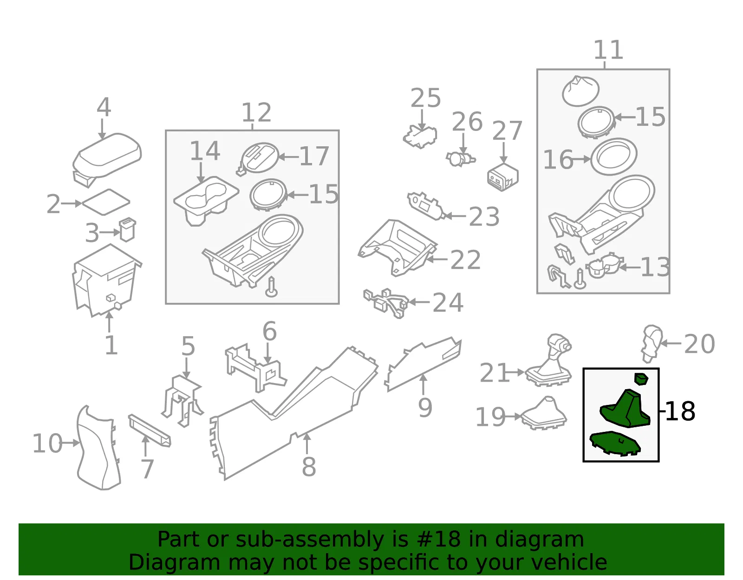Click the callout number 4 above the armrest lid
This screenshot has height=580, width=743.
click(x=104, y=107)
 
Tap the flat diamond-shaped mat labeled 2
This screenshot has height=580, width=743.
click(x=106, y=202)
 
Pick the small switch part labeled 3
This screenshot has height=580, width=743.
click(x=127, y=230)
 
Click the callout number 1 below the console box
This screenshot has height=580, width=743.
click(x=111, y=345)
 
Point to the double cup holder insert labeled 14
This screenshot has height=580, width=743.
click(x=206, y=201)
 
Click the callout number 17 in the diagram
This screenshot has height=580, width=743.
click(x=314, y=156)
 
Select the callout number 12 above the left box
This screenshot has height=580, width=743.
click(x=256, y=112)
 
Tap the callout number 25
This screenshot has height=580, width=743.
click(x=425, y=98)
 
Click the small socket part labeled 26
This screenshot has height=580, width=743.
click(x=461, y=159)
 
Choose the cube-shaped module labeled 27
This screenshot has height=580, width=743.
click(x=502, y=177)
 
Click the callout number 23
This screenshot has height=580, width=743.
click(x=484, y=216)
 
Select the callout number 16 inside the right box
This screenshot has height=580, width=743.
click(x=558, y=160)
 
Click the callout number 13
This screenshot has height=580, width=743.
click(x=655, y=267)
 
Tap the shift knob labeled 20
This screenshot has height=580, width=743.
click(x=652, y=343)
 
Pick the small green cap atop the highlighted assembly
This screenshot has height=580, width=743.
click(x=641, y=378)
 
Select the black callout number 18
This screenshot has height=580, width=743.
click(x=680, y=411)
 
